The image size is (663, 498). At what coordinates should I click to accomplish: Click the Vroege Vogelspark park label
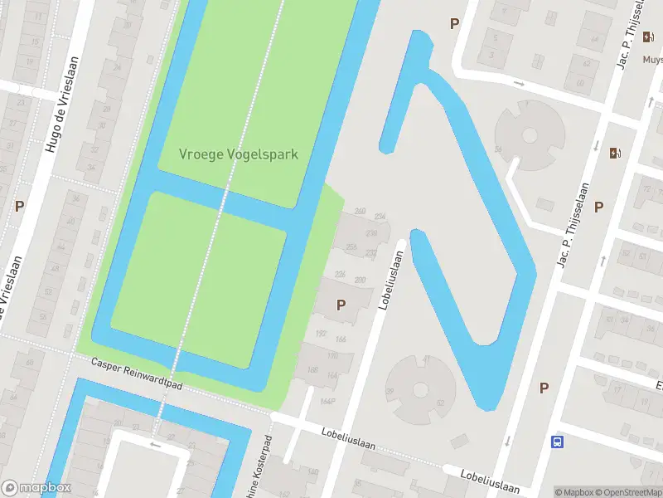(x=239, y=154)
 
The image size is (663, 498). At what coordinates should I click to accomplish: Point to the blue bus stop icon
(x=558, y=442)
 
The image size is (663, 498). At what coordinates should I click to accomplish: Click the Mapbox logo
(x=36, y=488)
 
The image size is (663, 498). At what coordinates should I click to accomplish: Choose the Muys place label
(x=652, y=60)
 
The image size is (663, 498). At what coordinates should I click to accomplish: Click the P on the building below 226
(x=341, y=305)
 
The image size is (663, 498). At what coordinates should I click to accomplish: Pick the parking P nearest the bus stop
(x=544, y=388)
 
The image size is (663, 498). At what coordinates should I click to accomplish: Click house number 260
(x=360, y=211)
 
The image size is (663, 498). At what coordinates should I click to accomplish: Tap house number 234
(x=380, y=217)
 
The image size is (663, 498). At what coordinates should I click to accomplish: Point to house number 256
(x=351, y=247)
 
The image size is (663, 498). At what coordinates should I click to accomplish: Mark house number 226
(x=340, y=274)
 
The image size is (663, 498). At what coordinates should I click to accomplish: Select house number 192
(x=322, y=333)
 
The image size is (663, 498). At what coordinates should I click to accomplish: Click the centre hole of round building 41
(x=421, y=388)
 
